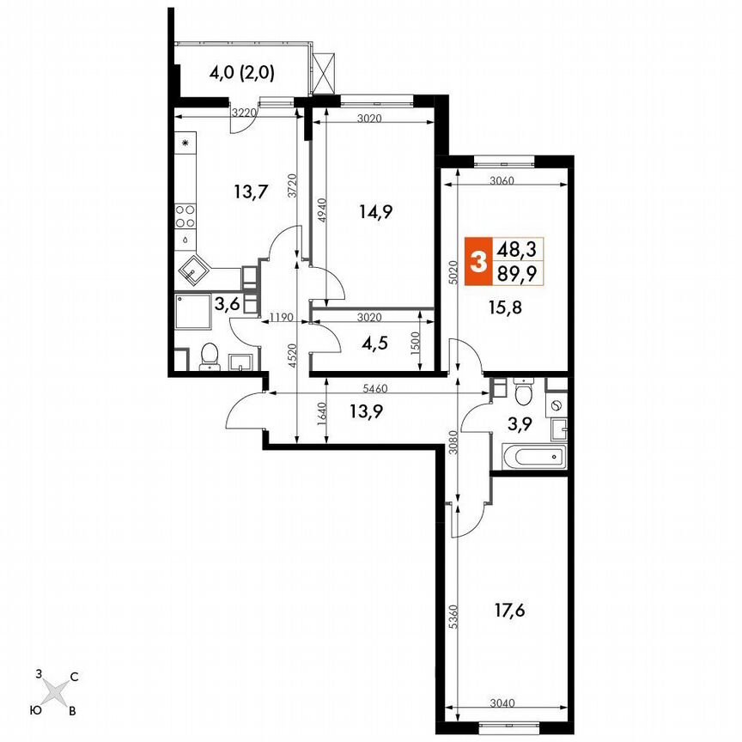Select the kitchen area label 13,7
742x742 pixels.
(246, 192)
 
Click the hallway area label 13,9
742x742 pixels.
(366, 411)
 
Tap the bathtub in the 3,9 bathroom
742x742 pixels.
(530, 457)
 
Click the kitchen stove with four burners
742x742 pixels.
(185, 215)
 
